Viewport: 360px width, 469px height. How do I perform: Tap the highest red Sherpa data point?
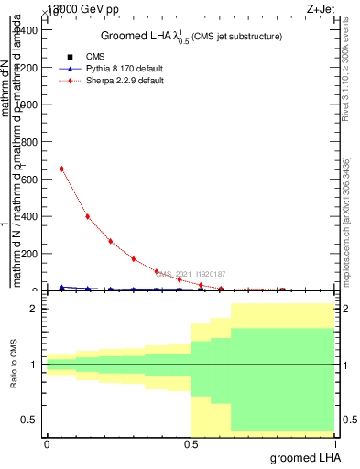coord(61,169)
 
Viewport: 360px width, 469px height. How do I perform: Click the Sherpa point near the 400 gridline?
coord(87,217)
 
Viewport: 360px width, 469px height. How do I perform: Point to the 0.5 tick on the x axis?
coord(191,442)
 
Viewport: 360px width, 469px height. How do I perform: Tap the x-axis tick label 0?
coord(47,442)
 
